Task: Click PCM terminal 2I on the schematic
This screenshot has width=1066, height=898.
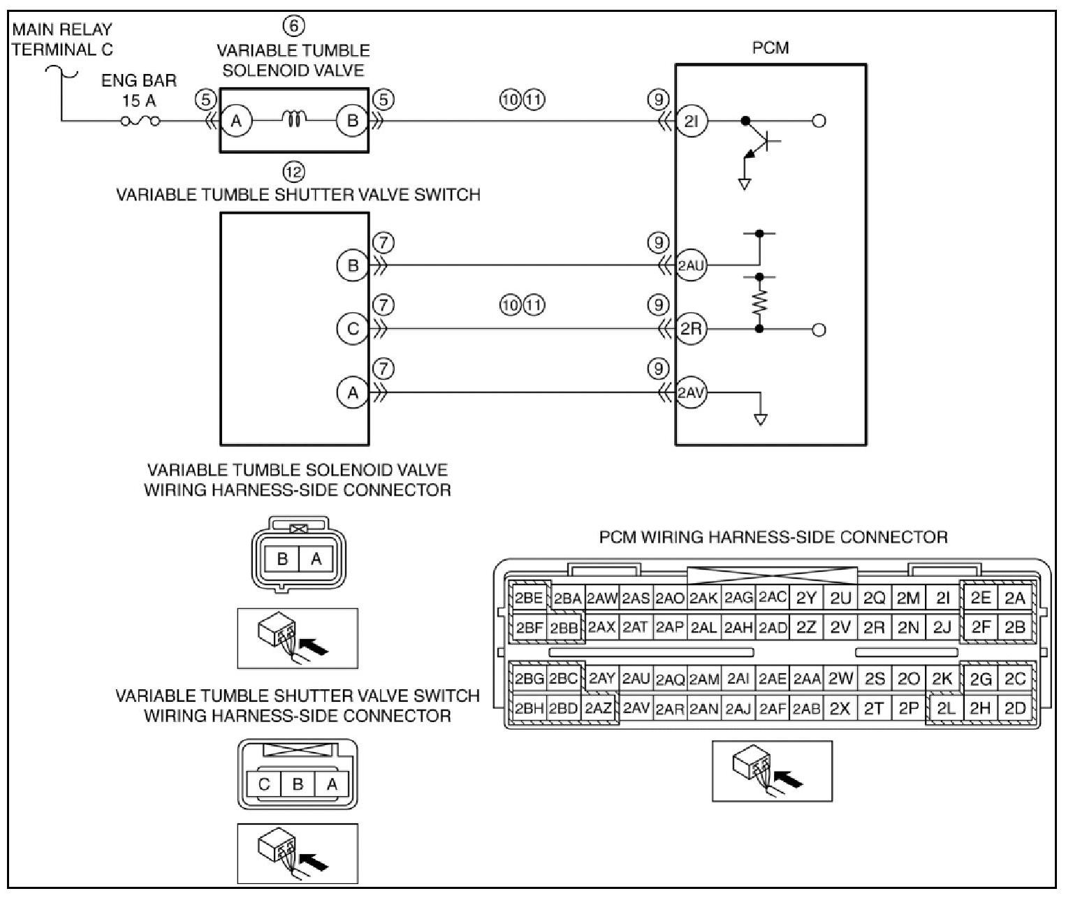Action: [x=692, y=121]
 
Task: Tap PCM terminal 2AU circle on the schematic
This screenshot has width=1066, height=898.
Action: [x=692, y=265]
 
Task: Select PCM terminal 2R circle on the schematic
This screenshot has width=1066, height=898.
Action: [x=692, y=330]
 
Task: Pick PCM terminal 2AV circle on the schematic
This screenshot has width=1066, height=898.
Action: [x=692, y=392]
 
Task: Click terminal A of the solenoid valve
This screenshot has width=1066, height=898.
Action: [x=236, y=121]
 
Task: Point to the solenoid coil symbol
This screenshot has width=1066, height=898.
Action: [x=294, y=119]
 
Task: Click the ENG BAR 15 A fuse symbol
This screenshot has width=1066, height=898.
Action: [x=140, y=121]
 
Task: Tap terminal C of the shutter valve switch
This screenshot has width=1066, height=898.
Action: [x=353, y=330]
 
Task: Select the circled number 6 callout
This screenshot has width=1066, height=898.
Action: [x=294, y=26]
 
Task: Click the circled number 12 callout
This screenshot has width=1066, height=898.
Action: [x=294, y=172]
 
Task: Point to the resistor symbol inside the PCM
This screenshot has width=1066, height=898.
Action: [x=759, y=303]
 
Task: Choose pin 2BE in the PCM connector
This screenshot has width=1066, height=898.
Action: [x=528, y=598]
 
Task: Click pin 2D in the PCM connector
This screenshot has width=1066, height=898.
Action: [x=1016, y=708]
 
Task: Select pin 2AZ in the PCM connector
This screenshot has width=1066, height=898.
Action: [x=599, y=709]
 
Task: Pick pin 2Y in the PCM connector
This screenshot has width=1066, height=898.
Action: [x=806, y=598]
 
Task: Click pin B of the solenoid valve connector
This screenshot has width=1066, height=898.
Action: [x=282, y=559]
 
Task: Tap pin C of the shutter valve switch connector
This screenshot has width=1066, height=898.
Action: [x=264, y=784]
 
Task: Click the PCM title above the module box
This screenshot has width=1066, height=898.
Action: [x=771, y=48]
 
